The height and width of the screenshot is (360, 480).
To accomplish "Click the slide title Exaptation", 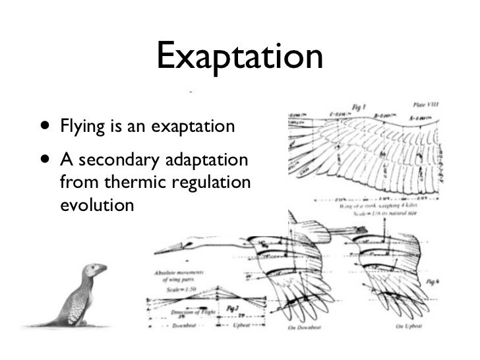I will [x=240, y=57].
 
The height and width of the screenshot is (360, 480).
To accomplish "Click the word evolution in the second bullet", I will [x=96, y=204].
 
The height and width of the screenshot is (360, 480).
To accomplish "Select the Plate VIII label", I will [x=427, y=104].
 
